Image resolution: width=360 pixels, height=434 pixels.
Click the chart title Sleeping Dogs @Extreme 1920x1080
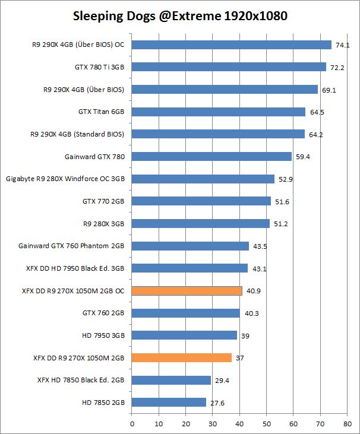pyautogui.click(x=180, y=16)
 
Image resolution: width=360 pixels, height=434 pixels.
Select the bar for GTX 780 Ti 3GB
pyautogui.click(x=229, y=67)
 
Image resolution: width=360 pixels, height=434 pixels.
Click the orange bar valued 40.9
pyautogui.click(x=187, y=291)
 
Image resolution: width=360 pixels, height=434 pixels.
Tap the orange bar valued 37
pyautogui.click(x=181, y=358)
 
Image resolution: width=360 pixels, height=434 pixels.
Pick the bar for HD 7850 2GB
pyautogui.click(x=169, y=403)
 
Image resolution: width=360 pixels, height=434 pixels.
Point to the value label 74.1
pyautogui.click(x=342, y=45)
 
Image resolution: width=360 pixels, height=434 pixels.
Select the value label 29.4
pyautogui.click(x=222, y=381)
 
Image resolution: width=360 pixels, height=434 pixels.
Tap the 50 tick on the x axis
pyautogui.click(x=266, y=424)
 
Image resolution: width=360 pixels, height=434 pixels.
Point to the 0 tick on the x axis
pyautogui.click(x=132, y=424)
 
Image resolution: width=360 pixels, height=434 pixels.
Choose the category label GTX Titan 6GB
pyautogui.click(x=101, y=112)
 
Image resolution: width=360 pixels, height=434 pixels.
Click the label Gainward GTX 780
pyautogui.click(x=94, y=157)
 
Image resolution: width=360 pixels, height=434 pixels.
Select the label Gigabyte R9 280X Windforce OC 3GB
pyautogui.click(x=65, y=179)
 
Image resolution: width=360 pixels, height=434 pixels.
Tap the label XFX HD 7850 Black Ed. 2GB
pyautogui.click(x=81, y=380)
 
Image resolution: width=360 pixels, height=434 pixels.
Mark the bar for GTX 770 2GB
pyautogui.click(x=201, y=201)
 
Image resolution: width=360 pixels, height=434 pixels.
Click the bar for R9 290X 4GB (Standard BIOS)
pyautogui.click(x=218, y=134)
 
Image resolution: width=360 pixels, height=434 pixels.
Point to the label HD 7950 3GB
pyautogui.click(x=103, y=335)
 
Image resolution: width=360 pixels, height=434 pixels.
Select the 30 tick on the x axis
pyautogui.click(x=213, y=424)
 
